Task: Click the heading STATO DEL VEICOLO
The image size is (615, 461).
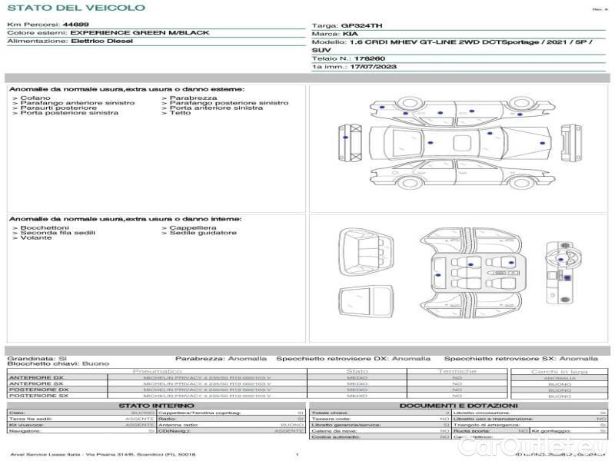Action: [x=76, y=8]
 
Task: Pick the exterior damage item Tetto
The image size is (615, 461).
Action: [x=180, y=113]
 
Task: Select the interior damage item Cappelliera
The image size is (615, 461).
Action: [x=193, y=228]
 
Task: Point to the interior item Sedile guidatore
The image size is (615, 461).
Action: [x=203, y=233]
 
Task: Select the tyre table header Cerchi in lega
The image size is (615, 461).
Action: [x=559, y=371]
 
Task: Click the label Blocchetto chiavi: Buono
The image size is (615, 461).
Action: [x=58, y=363]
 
